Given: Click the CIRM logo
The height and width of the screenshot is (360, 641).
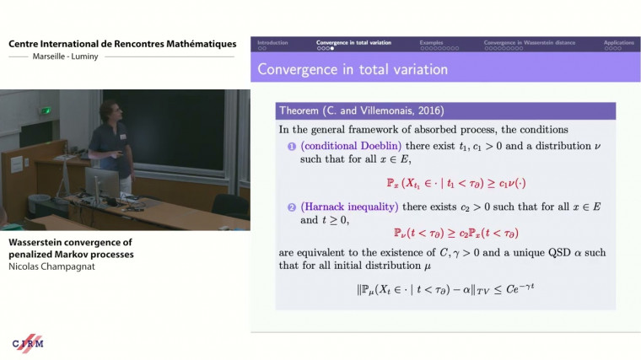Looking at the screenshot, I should coord(27,343).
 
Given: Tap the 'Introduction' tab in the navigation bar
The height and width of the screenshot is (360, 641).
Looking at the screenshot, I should coord(272,42).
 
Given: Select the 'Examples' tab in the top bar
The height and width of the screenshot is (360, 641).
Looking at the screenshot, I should coord(432,42).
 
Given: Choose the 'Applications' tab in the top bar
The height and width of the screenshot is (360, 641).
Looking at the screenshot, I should coord(618,42).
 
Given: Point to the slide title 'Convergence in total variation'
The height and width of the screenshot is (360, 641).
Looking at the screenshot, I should coord(353,69).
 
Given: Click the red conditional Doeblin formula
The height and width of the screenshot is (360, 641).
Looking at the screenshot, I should coord(446,182).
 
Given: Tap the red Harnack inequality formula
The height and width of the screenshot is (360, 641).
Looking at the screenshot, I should coord(445,233).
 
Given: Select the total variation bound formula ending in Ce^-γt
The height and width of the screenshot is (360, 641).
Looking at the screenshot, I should coord(446,289).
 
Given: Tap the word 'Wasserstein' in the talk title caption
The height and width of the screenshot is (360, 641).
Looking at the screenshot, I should coord(35,243).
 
